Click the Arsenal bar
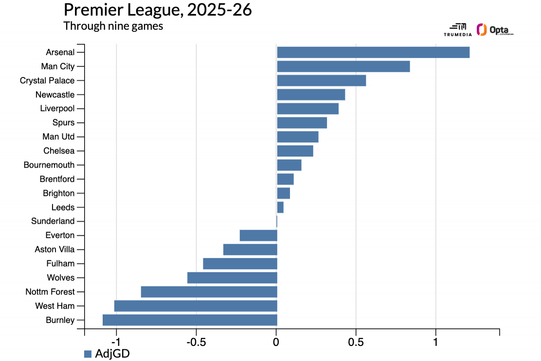coord(373,52)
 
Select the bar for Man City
coord(343,66)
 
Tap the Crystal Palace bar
coord(321,80)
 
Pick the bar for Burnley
coord(190,320)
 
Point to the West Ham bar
coord(196,306)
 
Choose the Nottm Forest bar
coord(209,292)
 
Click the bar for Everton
coord(258,235)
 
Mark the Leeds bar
coord(280,207)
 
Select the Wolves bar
coord(232,278)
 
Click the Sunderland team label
coord(53,221)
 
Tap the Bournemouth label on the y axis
coord(49,165)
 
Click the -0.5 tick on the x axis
coord(196,342)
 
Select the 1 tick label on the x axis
coord(435,342)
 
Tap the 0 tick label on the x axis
coord(276,342)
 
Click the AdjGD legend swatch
coord(88,354)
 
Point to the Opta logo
coord(495,30)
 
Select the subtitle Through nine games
coord(113,26)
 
